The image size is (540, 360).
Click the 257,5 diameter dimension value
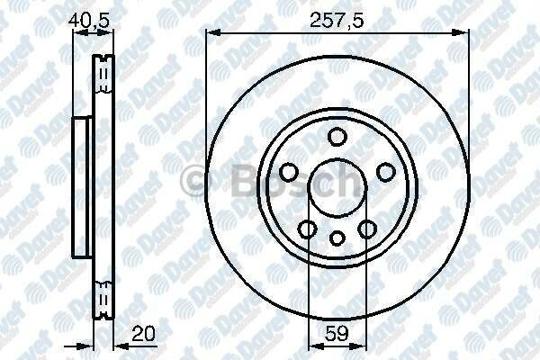tap(337, 19)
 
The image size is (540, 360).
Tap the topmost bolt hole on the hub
tap(337, 137)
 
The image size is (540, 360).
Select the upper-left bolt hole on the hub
tap(289, 171)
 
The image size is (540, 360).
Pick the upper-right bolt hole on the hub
tap(385, 171)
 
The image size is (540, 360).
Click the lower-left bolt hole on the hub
tap(308, 229)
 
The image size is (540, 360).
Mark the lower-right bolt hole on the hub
tap(366, 229)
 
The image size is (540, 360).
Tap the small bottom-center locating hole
tap(337, 238)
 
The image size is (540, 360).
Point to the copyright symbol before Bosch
tap(193, 183)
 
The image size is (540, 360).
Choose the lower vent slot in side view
tap(103, 297)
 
